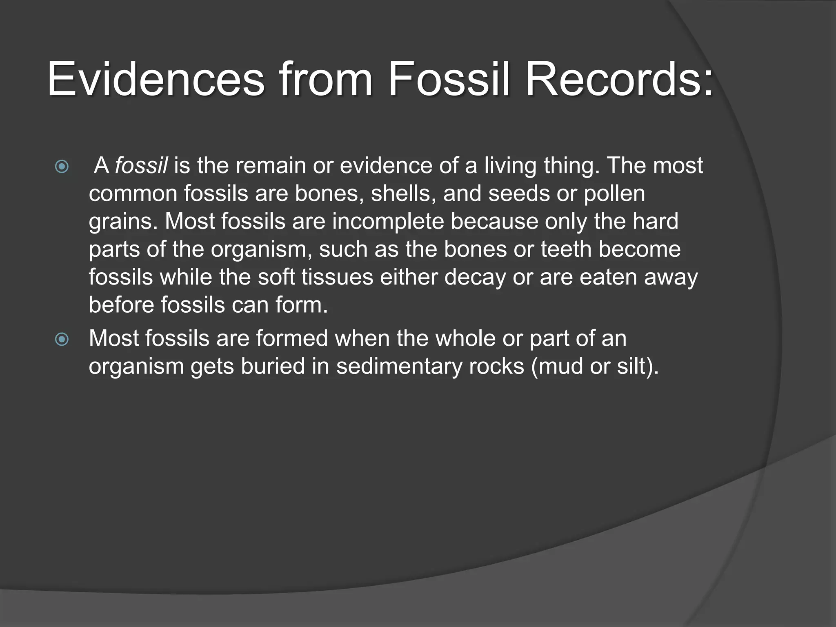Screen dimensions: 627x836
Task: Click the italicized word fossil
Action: [141, 166]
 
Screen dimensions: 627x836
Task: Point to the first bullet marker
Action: [62, 167]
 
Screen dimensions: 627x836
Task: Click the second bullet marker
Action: [62, 339]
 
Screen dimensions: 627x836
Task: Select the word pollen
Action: [614, 194]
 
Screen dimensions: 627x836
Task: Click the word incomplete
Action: [388, 222]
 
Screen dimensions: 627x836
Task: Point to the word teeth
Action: [566, 249]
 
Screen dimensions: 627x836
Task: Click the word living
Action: [510, 166]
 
